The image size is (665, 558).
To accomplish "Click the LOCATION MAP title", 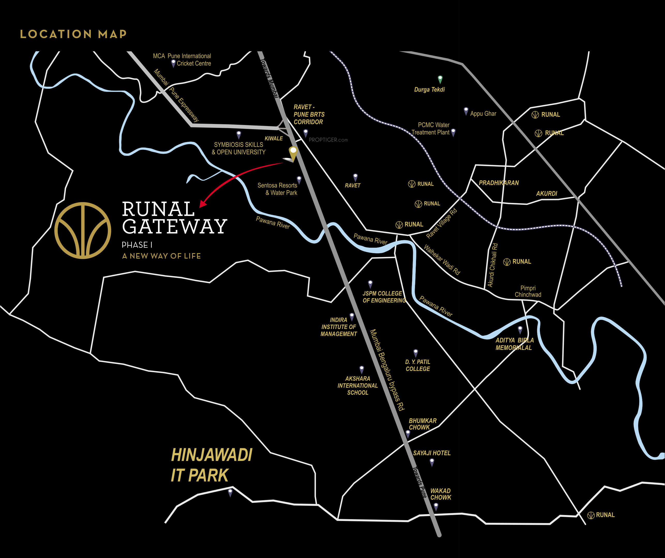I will [73, 34].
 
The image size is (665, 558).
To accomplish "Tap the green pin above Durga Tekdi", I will [440, 79].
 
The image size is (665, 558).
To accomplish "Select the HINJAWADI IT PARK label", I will [211, 465].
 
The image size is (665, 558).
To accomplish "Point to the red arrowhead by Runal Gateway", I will [203, 204].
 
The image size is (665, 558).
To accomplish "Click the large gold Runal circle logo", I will [83, 231].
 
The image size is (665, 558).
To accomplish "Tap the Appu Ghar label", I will [483, 114].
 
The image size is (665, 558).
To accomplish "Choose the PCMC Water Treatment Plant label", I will [431, 129].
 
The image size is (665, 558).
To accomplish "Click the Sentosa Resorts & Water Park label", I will [277, 189].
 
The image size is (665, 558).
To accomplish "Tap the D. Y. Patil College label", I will [418, 365].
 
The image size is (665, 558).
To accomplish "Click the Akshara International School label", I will [358, 386].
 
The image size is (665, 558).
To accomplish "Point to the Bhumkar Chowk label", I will [422, 424].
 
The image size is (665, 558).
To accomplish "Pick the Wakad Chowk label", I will [441, 494].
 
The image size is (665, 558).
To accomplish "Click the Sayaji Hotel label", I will [432, 453].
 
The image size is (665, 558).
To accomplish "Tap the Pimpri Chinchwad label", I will [528, 291].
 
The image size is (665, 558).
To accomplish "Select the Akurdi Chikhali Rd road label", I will [493, 265].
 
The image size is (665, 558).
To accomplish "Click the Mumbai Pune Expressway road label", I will [176, 96].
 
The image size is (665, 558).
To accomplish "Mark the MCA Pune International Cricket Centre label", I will [182, 60].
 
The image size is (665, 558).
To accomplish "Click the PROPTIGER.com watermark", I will [328, 140].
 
